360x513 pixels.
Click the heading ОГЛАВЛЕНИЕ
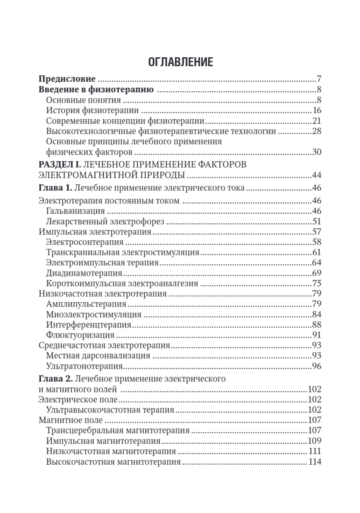180,62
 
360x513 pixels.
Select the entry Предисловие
67,79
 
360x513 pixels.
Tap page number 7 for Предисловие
319,79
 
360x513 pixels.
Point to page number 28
316,131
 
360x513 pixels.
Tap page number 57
316,232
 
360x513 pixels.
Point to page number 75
316,283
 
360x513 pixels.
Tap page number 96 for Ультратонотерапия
316,366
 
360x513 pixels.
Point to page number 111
314,451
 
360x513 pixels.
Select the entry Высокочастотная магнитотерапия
113,462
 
